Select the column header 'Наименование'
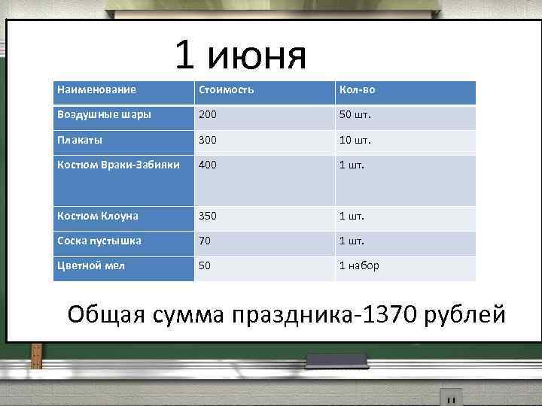pos(96,90)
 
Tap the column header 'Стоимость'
pos(226,90)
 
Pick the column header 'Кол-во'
pos(358,90)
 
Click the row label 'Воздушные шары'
pos(104,115)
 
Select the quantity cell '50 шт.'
pos(355,115)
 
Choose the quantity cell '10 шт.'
pos(355,140)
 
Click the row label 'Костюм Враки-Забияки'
pos(118,165)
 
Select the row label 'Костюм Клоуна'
pos(97,216)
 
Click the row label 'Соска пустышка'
pos(99,241)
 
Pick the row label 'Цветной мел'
pos(90,265)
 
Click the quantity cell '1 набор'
pos(360,265)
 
